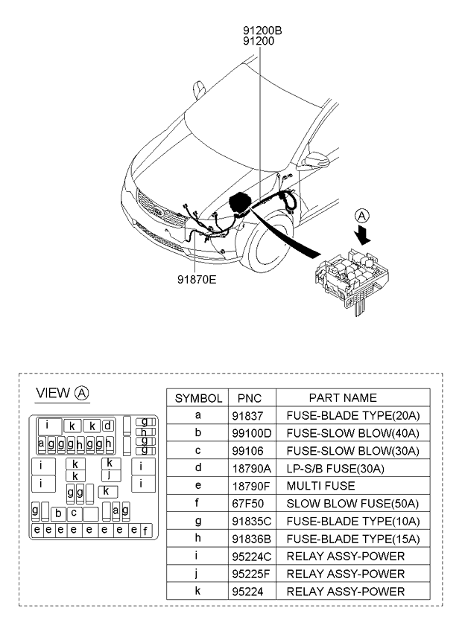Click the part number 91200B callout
(x=262, y=31)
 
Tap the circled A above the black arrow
(x=361, y=217)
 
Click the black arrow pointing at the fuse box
(x=364, y=234)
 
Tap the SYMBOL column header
(x=198, y=398)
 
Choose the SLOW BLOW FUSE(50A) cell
(x=347, y=504)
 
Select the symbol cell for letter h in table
(x=197, y=539)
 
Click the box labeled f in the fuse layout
(x=145, y=530)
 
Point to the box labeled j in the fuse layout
(x=109, y=474)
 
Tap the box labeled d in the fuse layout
(x=108, y=426)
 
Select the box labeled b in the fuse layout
(x=57, y=513)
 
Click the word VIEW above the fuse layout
(x=53, y=393)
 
